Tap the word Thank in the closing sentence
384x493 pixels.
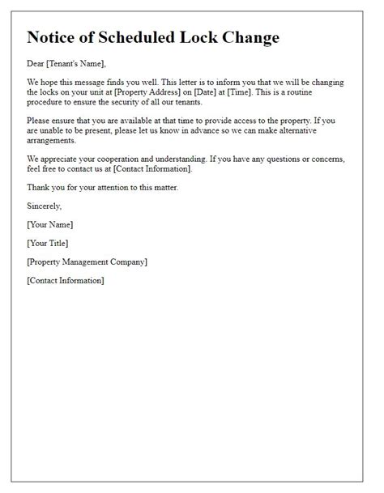point(39,187)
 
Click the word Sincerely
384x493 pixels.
point(45,206)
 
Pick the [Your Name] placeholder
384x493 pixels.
point(50,224)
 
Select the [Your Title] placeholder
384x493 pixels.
point(48,243)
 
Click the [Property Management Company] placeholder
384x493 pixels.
point(87,261)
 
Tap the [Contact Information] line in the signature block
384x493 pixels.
point(66,280)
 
